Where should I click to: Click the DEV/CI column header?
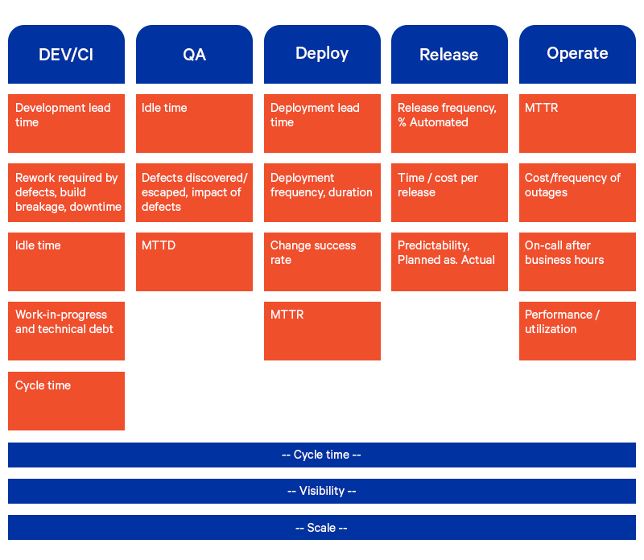tap(66, 54)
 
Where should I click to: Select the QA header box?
tap(194, 54)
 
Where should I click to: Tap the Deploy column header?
tap(322, 54)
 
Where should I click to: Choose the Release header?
tap(449, 54)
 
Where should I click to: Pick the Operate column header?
tap(577, 54)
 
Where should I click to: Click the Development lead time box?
tap(66, 123)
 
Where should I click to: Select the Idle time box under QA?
tap(194, 123)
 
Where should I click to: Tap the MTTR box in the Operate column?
tap(577, 123)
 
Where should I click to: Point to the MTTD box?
tap(194, 261)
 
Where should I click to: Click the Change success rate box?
tap(322, 261)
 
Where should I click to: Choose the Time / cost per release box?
tap(449, 192)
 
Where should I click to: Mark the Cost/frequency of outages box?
tap(577, 192)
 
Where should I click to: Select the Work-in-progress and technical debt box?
tap(66, 331)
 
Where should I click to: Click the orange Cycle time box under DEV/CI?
tap(66, 401)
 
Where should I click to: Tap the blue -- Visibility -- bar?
tap(322, 491)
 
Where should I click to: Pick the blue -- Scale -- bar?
tap(322, 528)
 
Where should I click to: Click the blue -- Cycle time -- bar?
tap(322, 455)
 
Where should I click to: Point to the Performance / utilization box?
tap(577, 331)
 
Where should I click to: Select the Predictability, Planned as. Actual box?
tap(449, 261)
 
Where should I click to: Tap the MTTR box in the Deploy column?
tap(322, 331)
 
